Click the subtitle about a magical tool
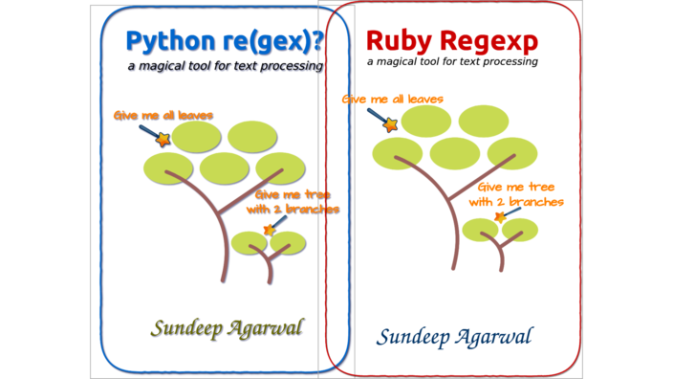(x=227, y=67)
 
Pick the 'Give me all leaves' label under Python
(x=162, y=116)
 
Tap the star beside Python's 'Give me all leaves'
(x=163, y=140)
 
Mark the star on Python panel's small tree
(x=268, y=230)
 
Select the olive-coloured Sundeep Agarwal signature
(x=226, y=328)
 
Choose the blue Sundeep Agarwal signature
(x=454, y=336)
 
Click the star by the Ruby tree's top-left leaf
(x=390, y=124)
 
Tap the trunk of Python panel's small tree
(x=270, y=273)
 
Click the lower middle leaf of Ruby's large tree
(x=455, y=153)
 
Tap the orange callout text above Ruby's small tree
(x=516, y=194)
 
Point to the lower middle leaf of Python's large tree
(x=224, y=167)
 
